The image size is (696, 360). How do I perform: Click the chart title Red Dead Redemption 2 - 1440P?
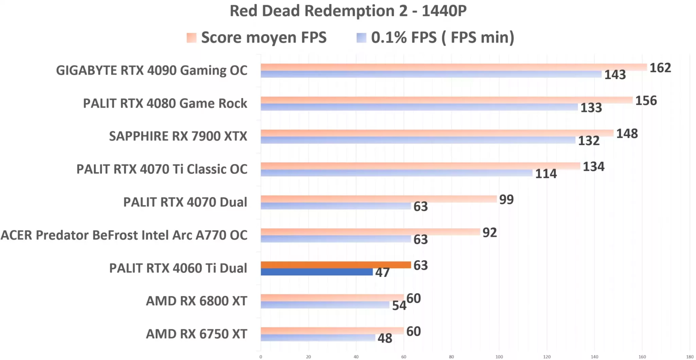point(348,11)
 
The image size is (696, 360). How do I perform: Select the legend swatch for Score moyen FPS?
point(191,38)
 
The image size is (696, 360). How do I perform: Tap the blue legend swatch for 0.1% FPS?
point(361,38)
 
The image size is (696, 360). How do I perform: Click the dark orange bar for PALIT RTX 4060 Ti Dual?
point(336,265)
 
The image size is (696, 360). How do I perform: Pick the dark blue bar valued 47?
point(316,272)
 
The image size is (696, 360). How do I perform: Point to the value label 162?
point(660,68)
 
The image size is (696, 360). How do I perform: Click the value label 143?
point(615,75)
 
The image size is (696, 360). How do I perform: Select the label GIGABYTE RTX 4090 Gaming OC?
point(152,70)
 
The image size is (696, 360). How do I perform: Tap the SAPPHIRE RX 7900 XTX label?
point(178,136)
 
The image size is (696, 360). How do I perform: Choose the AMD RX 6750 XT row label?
point(196,334)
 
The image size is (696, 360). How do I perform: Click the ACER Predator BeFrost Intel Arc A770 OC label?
point(124,235)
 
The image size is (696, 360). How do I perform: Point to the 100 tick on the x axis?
point(499,357)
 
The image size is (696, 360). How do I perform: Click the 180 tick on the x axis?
point(690,357)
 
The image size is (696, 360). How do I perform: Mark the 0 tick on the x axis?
point(261,357)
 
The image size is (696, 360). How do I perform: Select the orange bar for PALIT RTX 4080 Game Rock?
point(447,100)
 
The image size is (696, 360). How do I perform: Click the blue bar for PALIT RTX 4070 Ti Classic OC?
point(396,173)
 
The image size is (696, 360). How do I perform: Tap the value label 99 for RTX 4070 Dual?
point(506,199)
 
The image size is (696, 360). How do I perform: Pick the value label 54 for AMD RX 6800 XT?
point(399,306)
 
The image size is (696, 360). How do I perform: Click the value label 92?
point(489,233)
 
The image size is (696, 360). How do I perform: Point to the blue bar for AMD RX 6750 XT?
point(318,338)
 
